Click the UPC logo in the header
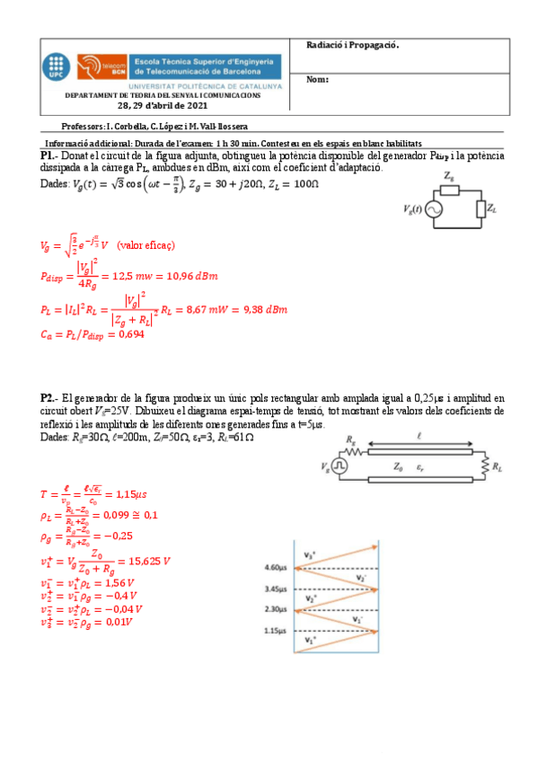[x=55, y=66]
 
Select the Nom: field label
[x=318, y=79]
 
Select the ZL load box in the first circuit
[x=481, y=209]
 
